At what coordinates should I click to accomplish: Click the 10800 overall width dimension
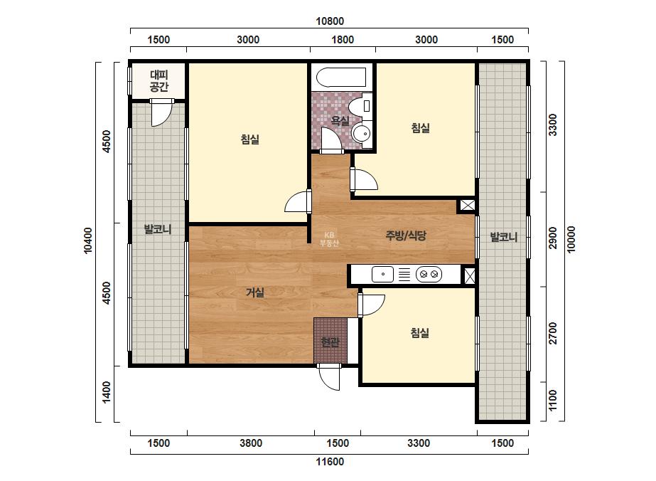point(330,21)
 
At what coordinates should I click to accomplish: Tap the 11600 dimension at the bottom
point(330,462)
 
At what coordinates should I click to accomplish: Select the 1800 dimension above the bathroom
point(343,40)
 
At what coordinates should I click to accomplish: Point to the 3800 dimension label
point(251,443)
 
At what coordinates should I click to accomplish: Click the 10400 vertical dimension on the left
point(88,240)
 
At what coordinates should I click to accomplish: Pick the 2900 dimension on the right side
point(553,238)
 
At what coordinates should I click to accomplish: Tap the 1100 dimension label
point(553,400)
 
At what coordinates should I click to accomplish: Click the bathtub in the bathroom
point(341,77)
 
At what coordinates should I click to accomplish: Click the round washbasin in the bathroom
point(361,134)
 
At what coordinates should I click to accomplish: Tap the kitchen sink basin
point(383,275)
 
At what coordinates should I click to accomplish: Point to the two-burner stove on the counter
point(429,275)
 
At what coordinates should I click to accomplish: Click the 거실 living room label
point(254,292)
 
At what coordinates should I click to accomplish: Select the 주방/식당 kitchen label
point(406,235)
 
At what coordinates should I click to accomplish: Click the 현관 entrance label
point(330,342)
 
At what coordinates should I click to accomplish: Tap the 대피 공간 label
point(159,81)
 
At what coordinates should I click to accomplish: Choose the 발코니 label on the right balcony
point(504,237)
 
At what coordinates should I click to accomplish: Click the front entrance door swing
point(329,377)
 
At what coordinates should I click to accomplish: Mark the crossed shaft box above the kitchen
point(468,206)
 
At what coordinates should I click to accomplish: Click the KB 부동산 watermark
point(329,239)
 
